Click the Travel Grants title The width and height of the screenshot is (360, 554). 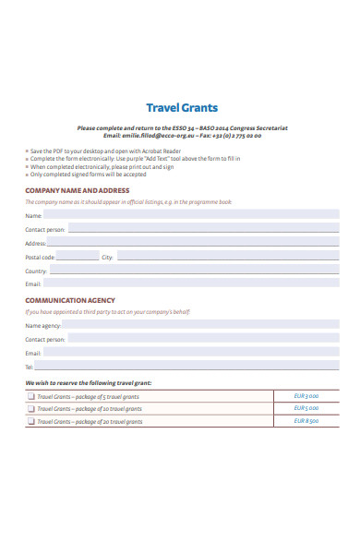pos(182,108)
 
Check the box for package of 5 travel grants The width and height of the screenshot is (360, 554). pos(31,395)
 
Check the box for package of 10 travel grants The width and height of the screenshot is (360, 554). pos(31,408)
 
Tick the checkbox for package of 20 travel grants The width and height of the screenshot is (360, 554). pos(31,421)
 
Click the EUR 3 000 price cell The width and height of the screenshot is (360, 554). pos(306,395)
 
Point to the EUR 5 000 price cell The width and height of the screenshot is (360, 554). pos(306,408)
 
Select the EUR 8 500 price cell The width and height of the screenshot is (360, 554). pos(306,421)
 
